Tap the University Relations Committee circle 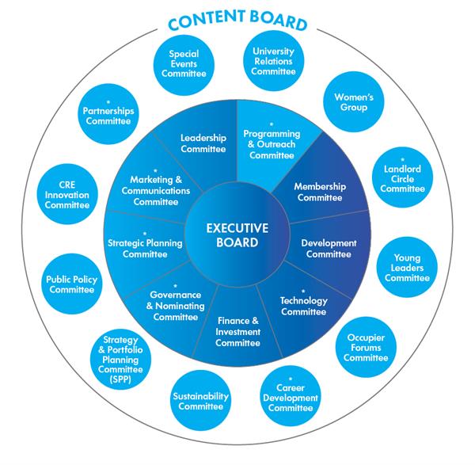pyautogui.click(x=272, y=61)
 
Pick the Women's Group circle pyautogui.click(x=351, y=101)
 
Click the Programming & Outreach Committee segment pyautogui.click(x=272, y=143)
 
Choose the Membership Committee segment pyautogui.click(x=321, y=192)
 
